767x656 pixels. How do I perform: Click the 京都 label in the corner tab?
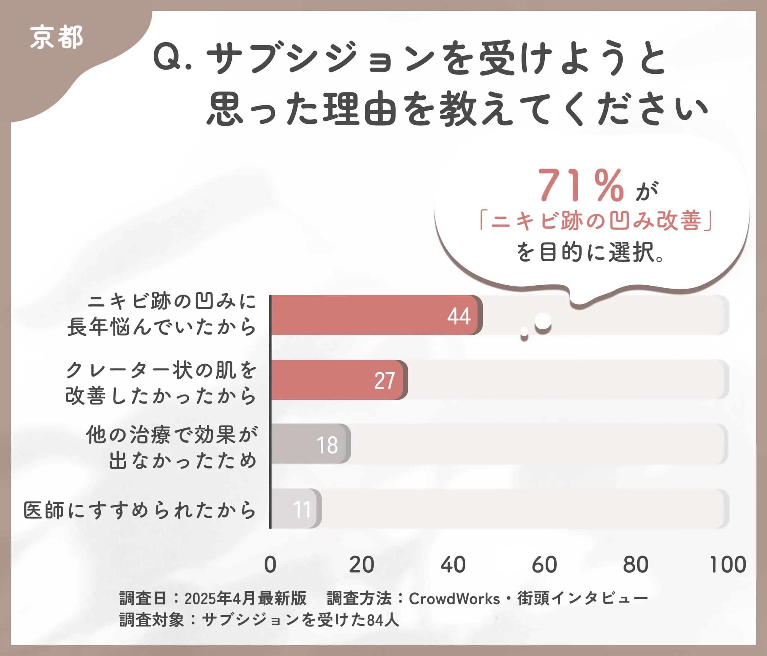click(x=56, y=37)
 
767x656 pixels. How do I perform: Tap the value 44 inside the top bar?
click(x=459, y=316)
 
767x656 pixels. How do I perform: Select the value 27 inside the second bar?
click(x=385, y=381)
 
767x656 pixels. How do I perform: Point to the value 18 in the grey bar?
click(x=327, y=445)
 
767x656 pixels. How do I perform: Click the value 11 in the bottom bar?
click(x=302, y=509)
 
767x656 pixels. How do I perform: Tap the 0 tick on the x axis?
click(x=270, y=565)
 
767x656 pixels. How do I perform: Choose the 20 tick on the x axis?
click(x=362, y=565)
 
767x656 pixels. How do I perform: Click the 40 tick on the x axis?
click(x=453, y=565)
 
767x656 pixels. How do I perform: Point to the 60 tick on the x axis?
click(x=544, y=565)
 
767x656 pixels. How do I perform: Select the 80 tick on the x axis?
click(x=635, y=565)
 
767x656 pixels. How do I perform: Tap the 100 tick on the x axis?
click(x=727, y=565)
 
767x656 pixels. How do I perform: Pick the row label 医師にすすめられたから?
click(x=140, y=510)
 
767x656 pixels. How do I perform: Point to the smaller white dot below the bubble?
click(x=524, y=331)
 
